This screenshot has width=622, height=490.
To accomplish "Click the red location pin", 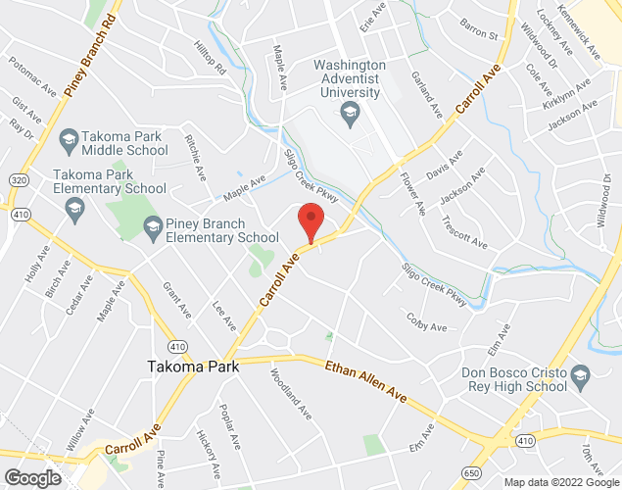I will (x=311, y=221).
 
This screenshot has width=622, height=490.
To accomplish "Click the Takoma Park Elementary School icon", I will (x=73, y=207).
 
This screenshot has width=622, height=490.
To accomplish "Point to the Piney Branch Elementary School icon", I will (x=152, y=229).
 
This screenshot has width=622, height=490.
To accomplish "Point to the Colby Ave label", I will (x=426, y=321).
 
